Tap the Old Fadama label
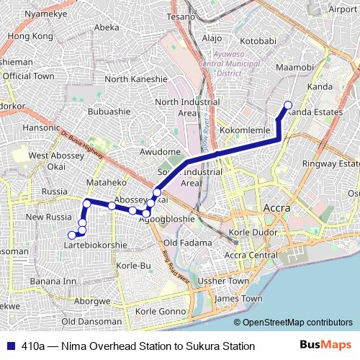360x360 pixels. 184,243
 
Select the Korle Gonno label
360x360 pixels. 161,310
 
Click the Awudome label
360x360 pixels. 159,152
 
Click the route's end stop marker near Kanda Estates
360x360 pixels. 288,105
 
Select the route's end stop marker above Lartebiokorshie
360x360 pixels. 71,235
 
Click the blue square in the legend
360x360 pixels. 9,346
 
